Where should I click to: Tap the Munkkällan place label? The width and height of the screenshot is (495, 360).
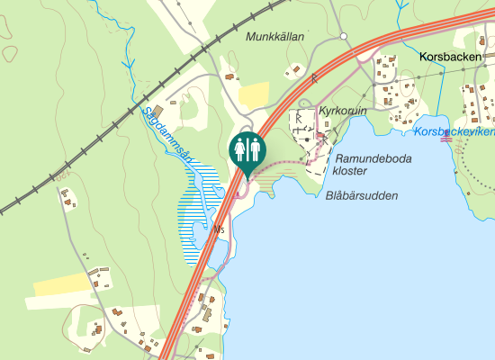coord(275,37)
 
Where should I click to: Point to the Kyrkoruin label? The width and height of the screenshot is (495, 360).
coord(344,110)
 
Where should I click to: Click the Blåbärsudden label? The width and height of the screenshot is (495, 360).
coord(362,195)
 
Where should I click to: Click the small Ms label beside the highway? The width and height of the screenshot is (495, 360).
coord(219,229)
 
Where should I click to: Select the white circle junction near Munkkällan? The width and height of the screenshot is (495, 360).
coord(344,36)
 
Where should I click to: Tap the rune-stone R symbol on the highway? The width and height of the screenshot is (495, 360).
coord(315,80)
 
